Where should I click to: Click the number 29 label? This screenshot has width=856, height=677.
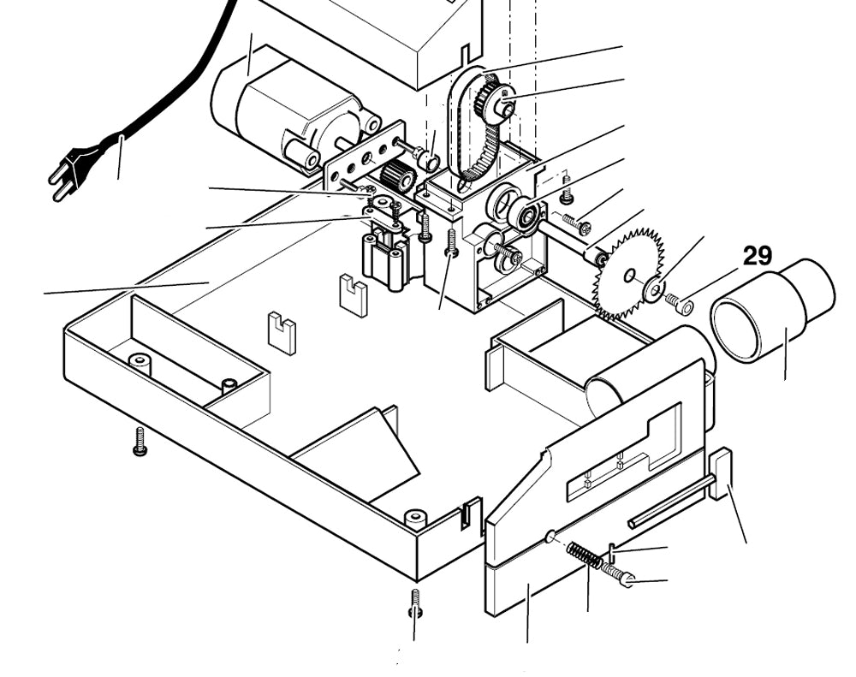click(758, 256)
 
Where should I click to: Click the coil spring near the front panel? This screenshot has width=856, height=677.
click(585, 555)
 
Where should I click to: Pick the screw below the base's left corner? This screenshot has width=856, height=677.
click(140, 441)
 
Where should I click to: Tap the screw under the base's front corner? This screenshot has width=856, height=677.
click(415, 601)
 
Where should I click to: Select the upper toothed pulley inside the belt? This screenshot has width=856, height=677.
click(495, 99)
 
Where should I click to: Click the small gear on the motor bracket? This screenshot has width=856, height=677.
click(397, 176)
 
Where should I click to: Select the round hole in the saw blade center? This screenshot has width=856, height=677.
click(629, 276)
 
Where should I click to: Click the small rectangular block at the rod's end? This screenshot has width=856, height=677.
click(720, 472)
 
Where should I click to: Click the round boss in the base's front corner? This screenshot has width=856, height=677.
click(415, 518)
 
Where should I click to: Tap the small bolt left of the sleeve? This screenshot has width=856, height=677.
click(682, 302)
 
